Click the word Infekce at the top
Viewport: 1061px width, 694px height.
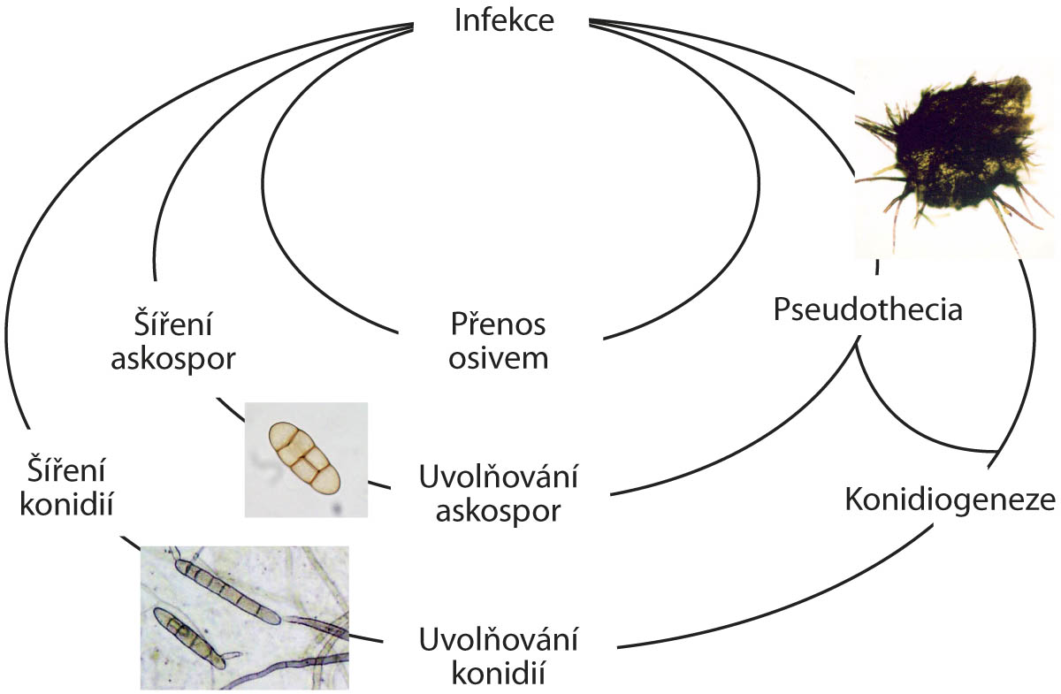(x=504, y=20)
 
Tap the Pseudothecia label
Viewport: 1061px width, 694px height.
(x=867, y=310)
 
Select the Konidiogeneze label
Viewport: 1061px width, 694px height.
(x=950, y=500)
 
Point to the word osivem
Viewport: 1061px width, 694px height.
(x=498, y=358)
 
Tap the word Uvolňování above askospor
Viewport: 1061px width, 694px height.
(x=499, y=478)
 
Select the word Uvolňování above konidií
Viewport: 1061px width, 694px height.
(x=499, y=639)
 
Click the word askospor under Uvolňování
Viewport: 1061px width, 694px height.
(x=499, y=512)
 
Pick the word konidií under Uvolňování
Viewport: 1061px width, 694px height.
(x=499, y=673)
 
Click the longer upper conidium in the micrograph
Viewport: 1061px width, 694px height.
(x=228, y=588)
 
